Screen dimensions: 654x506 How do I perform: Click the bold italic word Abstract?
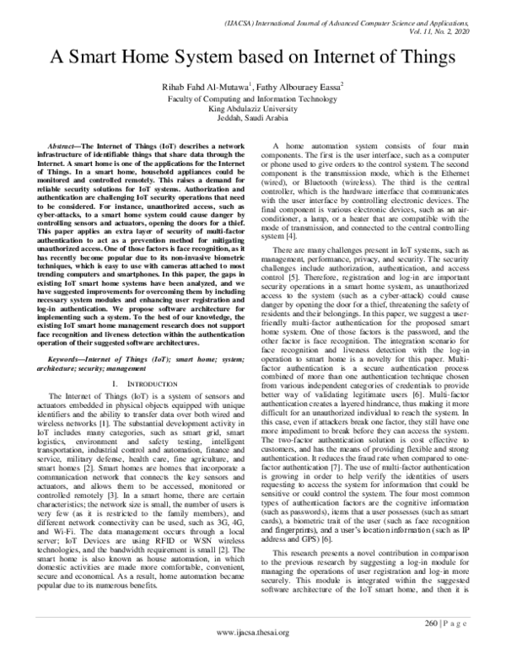65,147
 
